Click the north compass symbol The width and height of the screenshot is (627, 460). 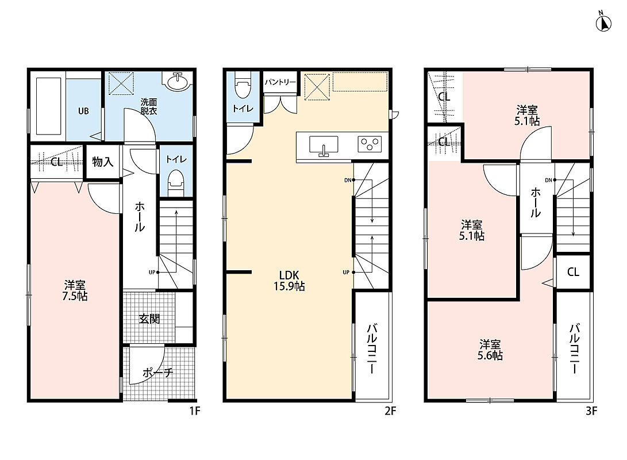tap(603, 24)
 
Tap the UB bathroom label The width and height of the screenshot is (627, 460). tap(83, 111)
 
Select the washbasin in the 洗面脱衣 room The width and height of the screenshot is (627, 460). tap(177, 82)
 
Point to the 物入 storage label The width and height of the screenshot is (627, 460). tap(103, 162)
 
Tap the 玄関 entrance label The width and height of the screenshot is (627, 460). tap(149, 319)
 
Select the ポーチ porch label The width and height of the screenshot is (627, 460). tap(157, 373)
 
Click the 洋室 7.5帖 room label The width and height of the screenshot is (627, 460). tap(75, 291)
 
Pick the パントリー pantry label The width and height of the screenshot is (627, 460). tap(280, 82)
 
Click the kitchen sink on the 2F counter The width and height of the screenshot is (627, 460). tap(324, 145)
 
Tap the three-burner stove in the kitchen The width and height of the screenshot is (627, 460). tap(370, 144)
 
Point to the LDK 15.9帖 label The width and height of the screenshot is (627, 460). tap(289, 281)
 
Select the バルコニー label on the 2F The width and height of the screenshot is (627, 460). tap(371, 349)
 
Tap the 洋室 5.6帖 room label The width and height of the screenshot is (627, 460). tap(490, 350)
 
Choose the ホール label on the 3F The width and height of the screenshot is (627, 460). tap(535, 203)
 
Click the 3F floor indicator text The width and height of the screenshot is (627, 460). tap(591, 411)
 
